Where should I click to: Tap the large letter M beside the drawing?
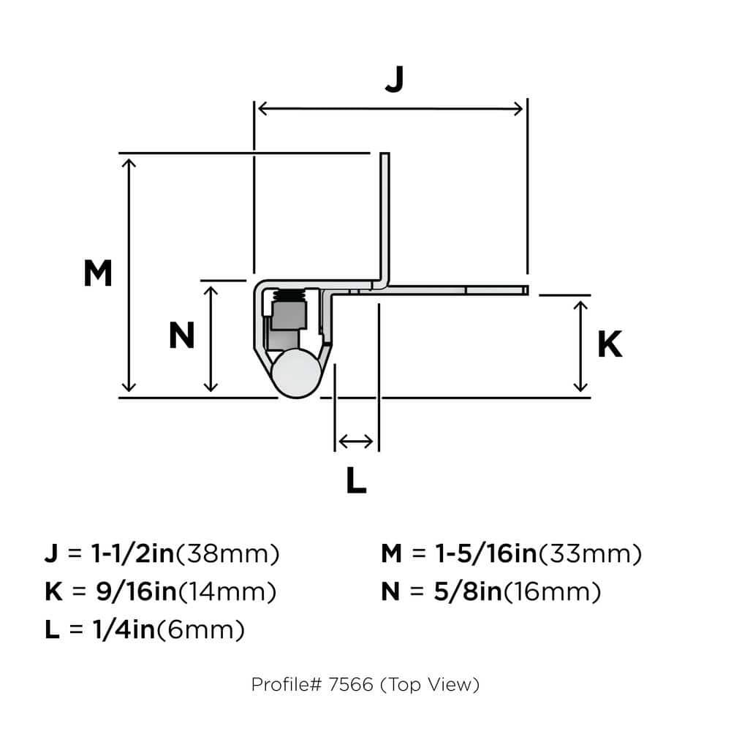pyautogui.click(x=97, y=274)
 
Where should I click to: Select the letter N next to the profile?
pyautogui.click(x=181, y=336)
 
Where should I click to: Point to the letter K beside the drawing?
pyautogui.click(x=610, y=345)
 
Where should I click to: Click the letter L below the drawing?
pyautogui.click(x=355, y=480)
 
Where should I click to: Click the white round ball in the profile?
pyautogui.click(x=295, y=374)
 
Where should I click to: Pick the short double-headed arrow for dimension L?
pyautogui.click(x=356, y=441)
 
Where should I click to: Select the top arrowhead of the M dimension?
pyautogui.click(x=129, y=162)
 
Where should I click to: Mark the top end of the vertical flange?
pyautogui.click(x=385, y=156)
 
